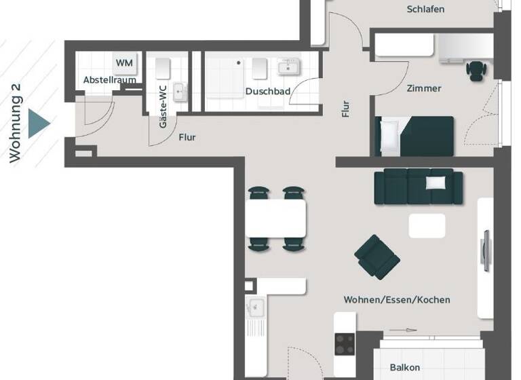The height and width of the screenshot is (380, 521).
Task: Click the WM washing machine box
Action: [124, 63]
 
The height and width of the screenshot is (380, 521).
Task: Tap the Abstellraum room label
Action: [110, 80]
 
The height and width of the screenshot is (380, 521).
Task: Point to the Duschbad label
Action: [268, 91]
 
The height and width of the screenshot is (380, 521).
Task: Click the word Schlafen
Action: [425, 9]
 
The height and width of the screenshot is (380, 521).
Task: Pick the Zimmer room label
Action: [424, 88]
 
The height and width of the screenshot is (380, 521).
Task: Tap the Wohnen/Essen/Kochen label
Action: [397, 299]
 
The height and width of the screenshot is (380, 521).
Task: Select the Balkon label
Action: [405, 368]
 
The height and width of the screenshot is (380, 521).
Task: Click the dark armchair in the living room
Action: [377, 256]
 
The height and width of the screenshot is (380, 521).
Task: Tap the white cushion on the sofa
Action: [436, 183]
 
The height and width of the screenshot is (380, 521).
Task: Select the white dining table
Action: [275, 218]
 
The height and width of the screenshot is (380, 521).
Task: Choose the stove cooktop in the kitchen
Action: [345, 345]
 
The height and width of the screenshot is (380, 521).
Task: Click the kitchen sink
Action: [256, 307]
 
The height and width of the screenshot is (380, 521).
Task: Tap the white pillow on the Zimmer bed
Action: [389, 135]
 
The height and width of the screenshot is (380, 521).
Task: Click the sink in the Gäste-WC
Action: [180, 92]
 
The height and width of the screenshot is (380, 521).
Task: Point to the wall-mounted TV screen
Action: [486, 250]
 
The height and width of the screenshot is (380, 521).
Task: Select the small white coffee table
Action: [427, 225]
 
